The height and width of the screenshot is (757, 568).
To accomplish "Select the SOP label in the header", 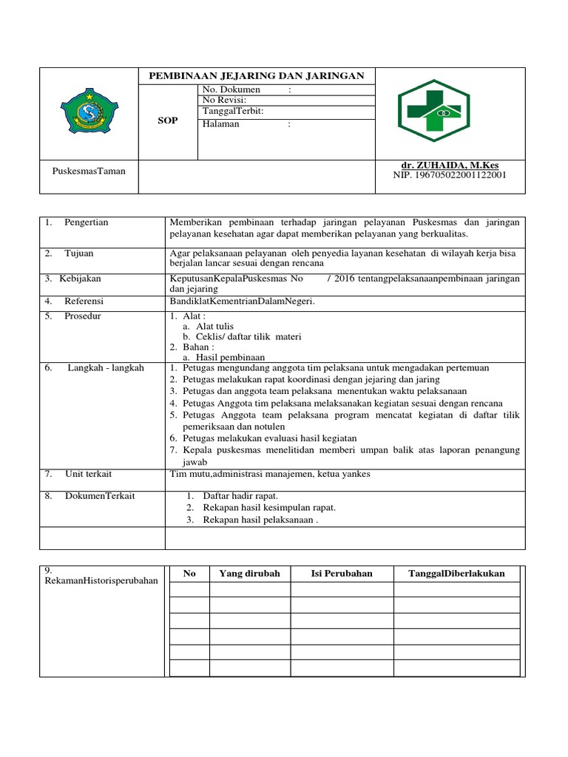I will pyautogui.click(x=168, y=120).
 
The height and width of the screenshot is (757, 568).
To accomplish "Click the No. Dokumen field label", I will pyautogui.click(x=231, y=90).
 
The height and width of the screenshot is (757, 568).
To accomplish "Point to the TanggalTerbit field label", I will pyautogui.click(x=232, y=111).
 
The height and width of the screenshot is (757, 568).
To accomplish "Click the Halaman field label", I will pyautogui.click(x=223, y=124).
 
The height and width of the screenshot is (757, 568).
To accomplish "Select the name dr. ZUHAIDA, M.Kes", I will pyautogui.click(x=450, y=165).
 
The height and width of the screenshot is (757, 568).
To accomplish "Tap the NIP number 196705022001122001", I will pyautogui.click(x=450, y=175).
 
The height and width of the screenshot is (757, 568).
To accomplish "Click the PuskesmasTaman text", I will pyautogui.click(x=89, y=171).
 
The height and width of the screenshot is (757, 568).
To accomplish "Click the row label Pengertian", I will pyautogui.click(x=86, y=223).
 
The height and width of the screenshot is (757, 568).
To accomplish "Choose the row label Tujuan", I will pyautogui.click(x=78, y=254).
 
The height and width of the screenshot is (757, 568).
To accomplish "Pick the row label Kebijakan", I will pyautogui.click(x=81, y=279).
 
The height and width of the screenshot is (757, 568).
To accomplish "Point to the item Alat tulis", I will pyautogui.click(x=209, y=326).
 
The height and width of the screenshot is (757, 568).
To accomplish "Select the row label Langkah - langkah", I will pyautogui.click(x=106, y=367).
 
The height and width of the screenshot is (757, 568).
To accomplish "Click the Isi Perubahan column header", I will pyautogui.click(x=342, y=574).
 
